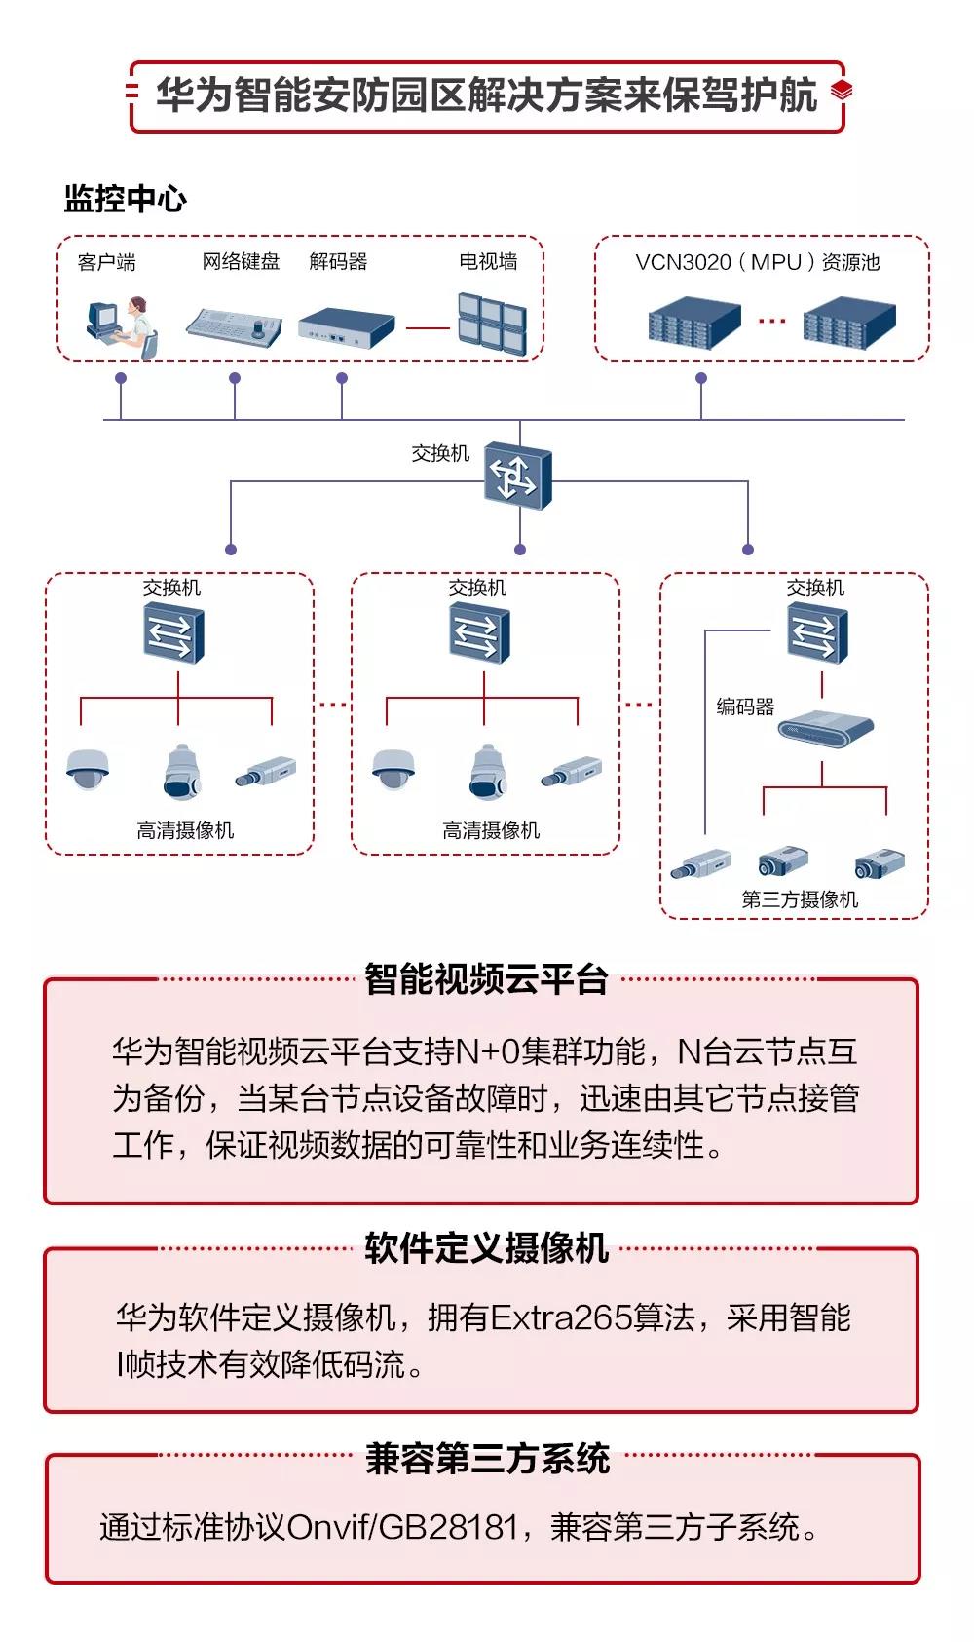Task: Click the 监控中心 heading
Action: coord(125,199)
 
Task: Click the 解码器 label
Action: coord(338,261)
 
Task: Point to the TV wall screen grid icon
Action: coord(492,323)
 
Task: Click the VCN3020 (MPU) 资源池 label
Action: coord(757,262)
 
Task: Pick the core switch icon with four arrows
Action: coord(517,476)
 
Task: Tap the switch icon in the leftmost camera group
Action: coord(174,633)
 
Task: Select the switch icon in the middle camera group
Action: coord(480,633)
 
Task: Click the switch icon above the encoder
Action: coord(817,633)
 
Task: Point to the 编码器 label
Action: coord(745,706)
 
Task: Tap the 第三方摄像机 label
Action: coord(800,899)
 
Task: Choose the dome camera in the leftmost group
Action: coord(88,769)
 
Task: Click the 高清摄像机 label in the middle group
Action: coord(491,830)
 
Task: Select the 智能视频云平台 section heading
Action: coord(486,979)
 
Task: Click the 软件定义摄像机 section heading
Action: coord(486,1248)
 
